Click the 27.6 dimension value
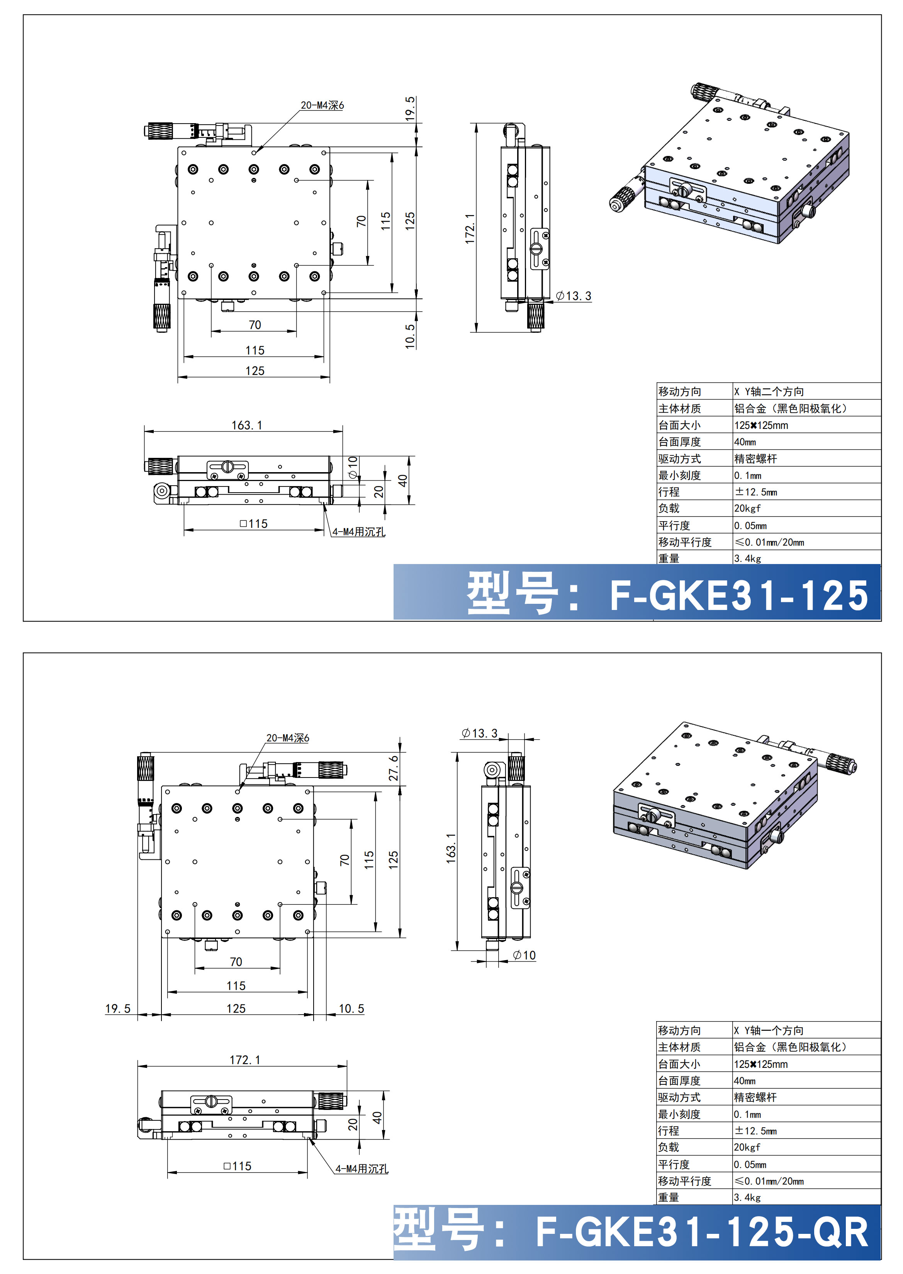point(394,767)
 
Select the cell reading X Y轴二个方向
point(769,392)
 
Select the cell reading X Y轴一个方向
point(769,1030)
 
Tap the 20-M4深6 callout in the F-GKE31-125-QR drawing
point(287,738)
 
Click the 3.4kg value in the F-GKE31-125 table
point(747,559)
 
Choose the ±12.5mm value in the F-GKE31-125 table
point(755,492)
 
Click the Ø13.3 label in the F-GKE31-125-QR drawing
point(479,733)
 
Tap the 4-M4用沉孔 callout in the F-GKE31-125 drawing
point(359,532)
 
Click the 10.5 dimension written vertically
point(410,336)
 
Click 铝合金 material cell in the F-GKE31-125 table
point(789,408)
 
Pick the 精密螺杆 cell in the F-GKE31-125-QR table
point(755,1097)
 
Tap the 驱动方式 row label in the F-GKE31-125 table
point(679,459)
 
